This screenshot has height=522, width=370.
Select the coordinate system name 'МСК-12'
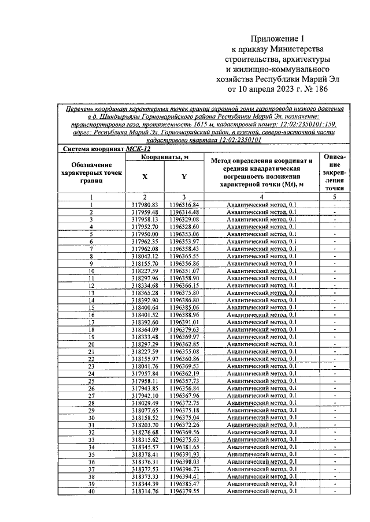click(138, 149)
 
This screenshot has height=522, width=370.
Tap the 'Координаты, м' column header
click(164, 158)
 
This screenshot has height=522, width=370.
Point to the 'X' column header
click(145, 178)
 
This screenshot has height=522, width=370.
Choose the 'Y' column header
click(184, 178)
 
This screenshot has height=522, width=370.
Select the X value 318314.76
click(145, 491)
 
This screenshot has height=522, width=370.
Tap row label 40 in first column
click(91, 491)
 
